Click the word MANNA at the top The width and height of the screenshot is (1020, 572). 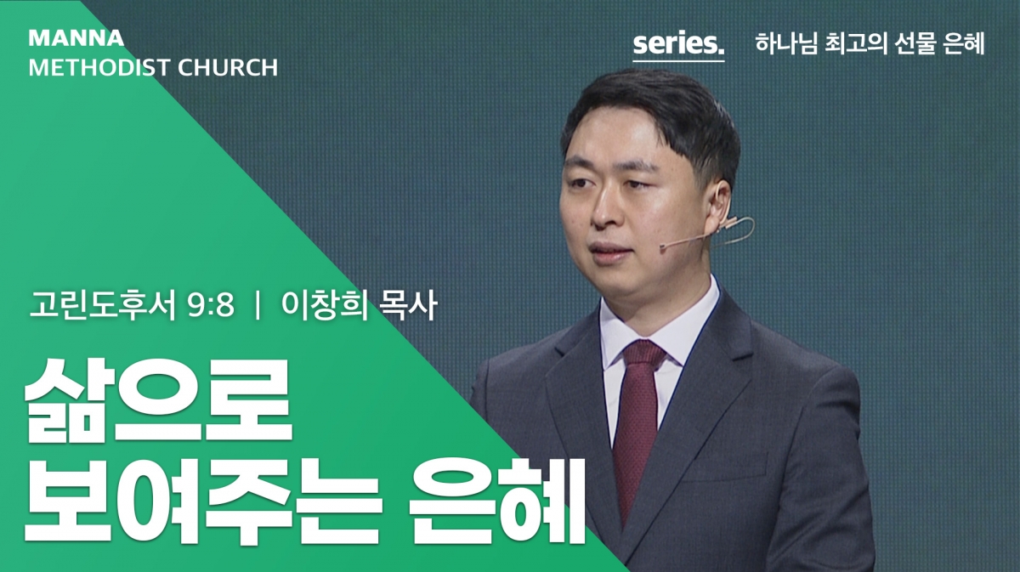76,38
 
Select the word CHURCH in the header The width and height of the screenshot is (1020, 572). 228,67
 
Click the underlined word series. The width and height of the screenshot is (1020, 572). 678,44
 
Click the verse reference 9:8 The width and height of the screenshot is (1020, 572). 211,305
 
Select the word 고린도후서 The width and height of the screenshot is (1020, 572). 103,305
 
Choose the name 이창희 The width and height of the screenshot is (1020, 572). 325,305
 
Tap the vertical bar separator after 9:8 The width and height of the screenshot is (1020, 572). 258,306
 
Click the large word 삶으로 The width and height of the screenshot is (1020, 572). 158,401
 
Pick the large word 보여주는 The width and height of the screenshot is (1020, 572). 201,501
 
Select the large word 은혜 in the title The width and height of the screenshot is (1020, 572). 495,501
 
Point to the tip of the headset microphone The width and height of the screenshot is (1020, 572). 663,247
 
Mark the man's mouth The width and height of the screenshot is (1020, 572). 608,252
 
